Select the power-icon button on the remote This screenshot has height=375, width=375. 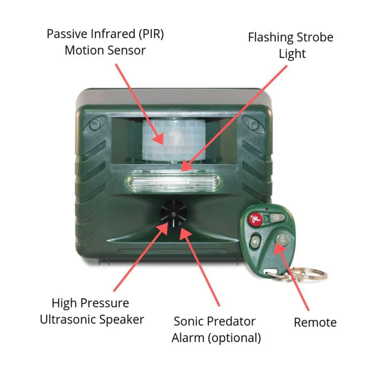click(280, 239)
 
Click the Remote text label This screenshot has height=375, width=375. click(315, 322)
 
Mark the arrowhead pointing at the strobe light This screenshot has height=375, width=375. click(185, 168)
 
